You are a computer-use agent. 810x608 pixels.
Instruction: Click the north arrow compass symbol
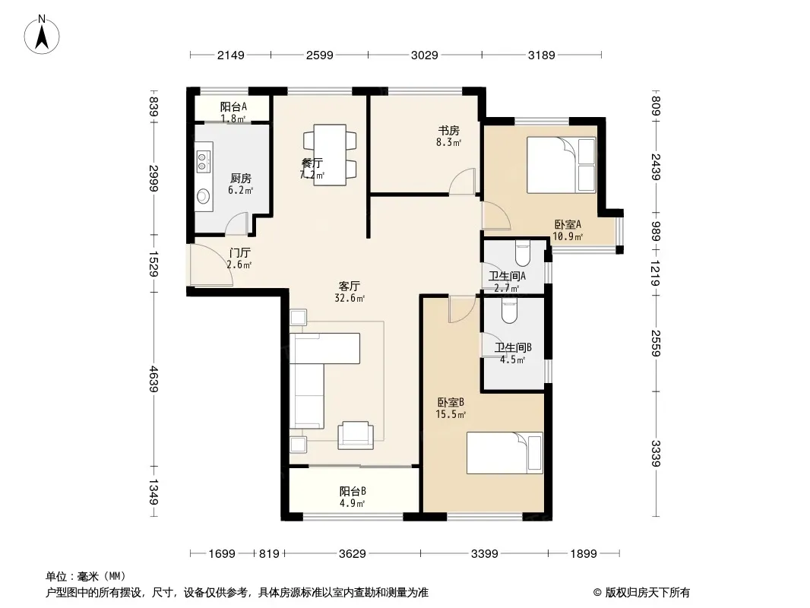point(42,35)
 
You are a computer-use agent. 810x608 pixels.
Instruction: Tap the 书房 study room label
point(448,131)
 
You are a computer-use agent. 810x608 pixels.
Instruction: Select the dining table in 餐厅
point(330,154)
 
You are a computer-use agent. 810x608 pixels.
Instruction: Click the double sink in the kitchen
point(203,160)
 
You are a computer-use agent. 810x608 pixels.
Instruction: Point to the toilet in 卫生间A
point(523,254)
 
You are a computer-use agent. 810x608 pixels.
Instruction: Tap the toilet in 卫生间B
point(509,312)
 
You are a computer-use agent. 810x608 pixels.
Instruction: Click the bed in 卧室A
point(561,165)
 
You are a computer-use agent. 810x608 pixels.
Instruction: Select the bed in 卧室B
point(505,453)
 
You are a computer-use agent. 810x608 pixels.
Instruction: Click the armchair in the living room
point(356,435)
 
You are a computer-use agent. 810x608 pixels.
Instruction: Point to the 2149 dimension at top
point(230,55)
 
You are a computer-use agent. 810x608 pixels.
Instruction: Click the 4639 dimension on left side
point(153,378)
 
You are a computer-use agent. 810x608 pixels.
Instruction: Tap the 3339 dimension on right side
point(655,453)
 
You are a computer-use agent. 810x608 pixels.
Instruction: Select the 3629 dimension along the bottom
point(353,554)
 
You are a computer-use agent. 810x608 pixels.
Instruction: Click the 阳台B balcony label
point(353,491)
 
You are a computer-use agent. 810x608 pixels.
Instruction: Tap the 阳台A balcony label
point(233,107)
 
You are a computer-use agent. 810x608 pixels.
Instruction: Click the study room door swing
point(462,182)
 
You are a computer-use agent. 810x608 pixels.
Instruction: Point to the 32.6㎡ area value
point(350,298)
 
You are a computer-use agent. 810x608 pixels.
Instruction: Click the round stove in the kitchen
point(204,196)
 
